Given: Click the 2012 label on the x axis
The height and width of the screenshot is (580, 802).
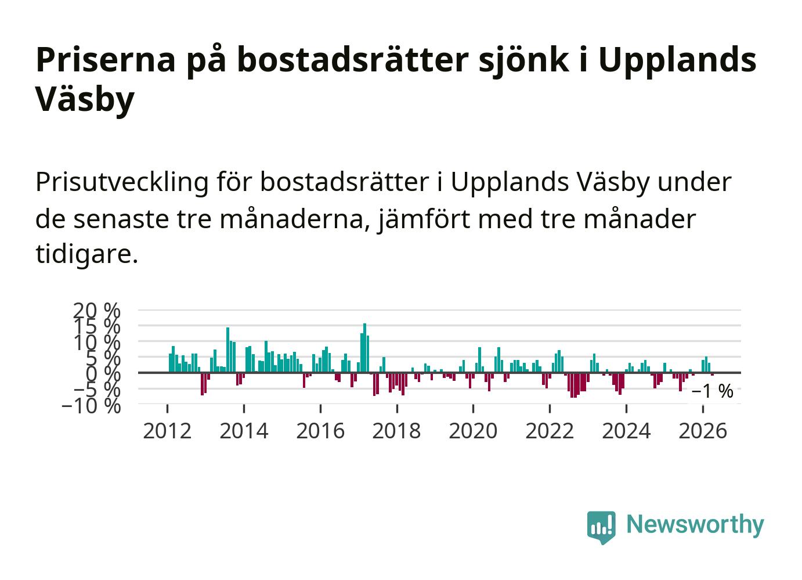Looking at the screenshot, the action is pyautogui.click(x=167, y=431).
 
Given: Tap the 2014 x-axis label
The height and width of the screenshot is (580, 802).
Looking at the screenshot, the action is pyautogui.click(x=244, y=431).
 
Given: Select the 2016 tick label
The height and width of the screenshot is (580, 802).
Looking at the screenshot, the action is pyautogui.click(x=320, y=431).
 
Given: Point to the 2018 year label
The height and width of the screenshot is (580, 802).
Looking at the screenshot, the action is pyautogui.click(x=397, y=431).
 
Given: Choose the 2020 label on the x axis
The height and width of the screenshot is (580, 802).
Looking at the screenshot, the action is pyautogui.click(x=474, y=431).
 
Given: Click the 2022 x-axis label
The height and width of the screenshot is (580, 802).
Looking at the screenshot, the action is pyautogui.click(x=550, y=431).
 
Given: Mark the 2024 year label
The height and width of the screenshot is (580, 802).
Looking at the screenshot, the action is pyautogui.click(x=627, y=431).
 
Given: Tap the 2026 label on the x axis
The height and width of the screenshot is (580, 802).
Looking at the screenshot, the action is pyautogui.click(x=703, y=431).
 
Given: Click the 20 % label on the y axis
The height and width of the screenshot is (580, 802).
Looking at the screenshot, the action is pyautogui.click(x=97, y=310).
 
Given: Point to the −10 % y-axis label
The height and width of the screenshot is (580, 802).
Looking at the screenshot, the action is pyautogui.click(x=91, y=406).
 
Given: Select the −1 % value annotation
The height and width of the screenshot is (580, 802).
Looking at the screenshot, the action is pyautogui.click(x=713, y=391).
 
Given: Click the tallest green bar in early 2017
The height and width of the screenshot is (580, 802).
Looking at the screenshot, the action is pyautogui.click(x=365, y=348).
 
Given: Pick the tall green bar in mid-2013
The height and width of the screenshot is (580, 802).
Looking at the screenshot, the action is pyautogui.click(x=227, y=350).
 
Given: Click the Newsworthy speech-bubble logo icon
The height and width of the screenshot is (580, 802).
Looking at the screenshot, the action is pyautogui.click(x=601, y=527).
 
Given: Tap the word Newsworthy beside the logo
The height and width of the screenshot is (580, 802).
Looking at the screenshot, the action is pyautogui.click(x=695, y=525).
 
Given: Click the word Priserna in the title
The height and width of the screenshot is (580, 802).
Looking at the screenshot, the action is pyautogui.click(x=106, y=60).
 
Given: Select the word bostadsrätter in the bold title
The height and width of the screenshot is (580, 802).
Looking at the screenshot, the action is pyautogui.click(x=353, y=59).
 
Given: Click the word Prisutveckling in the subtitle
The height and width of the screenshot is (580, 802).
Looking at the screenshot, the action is pyautogui.click(x=122, y=183).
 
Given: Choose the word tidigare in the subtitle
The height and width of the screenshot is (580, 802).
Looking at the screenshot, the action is pyautogui.click(x=86, y=255).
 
